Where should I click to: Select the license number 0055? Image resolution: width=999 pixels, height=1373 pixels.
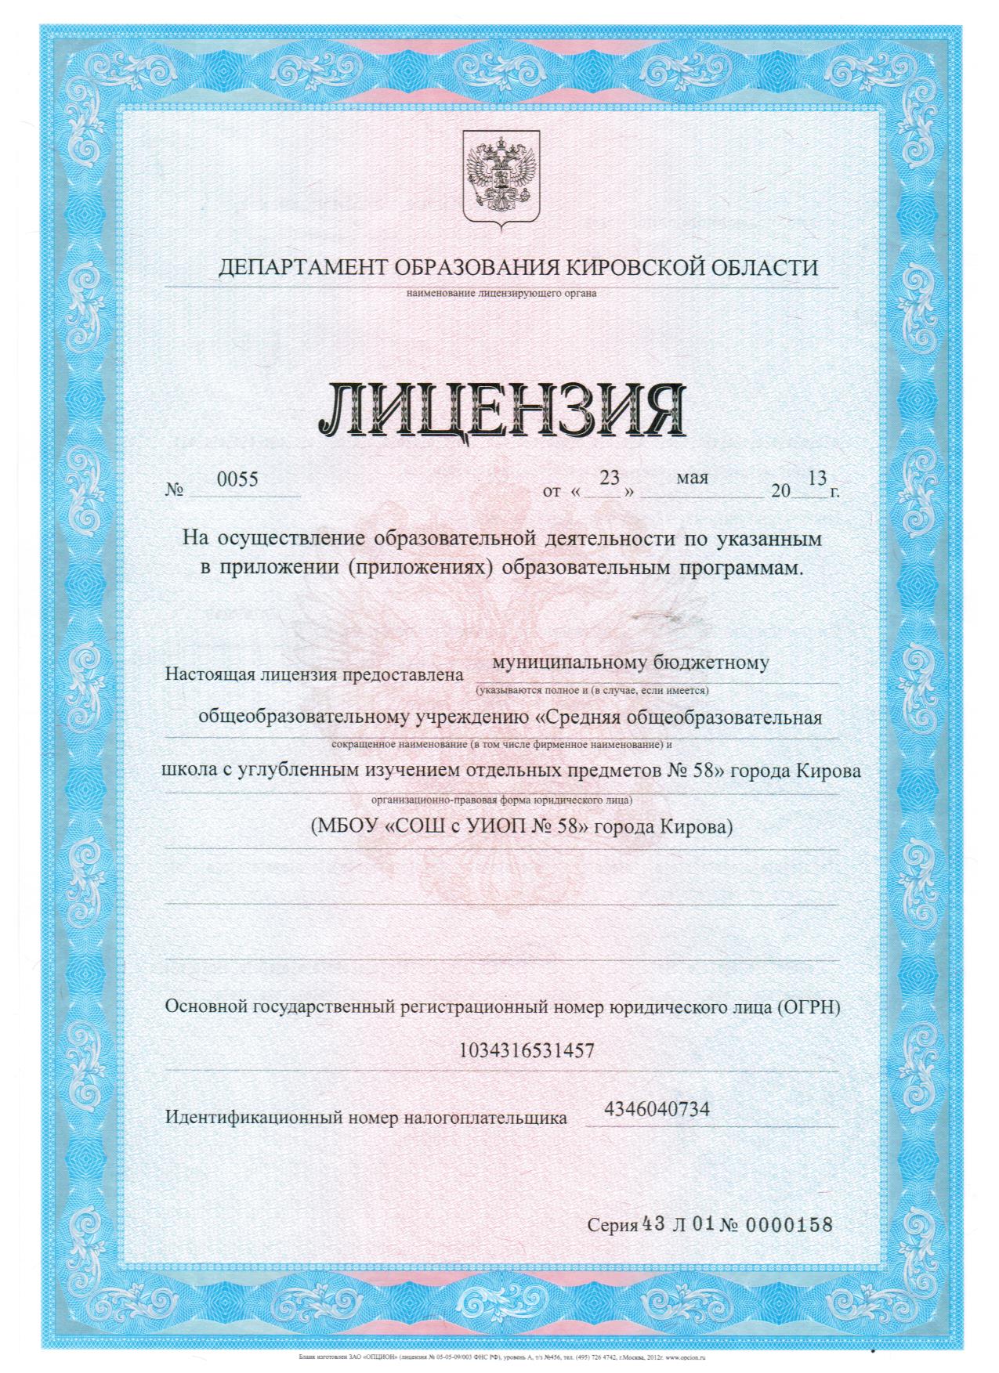click(x=237, y=479)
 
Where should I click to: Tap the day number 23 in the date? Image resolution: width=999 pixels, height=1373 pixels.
click(x=609, y=477)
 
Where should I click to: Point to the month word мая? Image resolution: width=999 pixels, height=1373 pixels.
click(x=692, y=477)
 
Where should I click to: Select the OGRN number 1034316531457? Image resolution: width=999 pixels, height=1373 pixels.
click(x=531, y=1050)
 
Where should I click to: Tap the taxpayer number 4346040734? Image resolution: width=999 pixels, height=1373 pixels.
click(x=657, y=1109)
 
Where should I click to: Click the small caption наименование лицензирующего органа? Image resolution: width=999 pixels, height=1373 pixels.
click(x=501, y=294)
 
